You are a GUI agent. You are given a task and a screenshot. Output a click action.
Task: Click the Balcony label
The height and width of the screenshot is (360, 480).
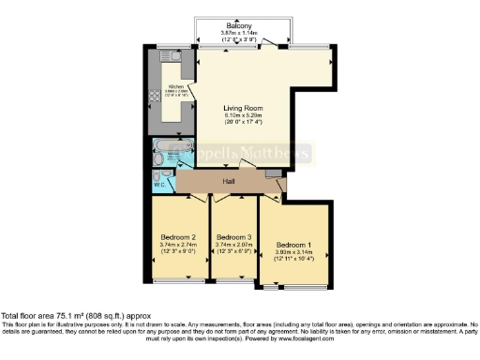click(239, 25)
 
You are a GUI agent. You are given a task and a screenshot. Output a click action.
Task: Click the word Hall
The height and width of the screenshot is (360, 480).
click(228, 181)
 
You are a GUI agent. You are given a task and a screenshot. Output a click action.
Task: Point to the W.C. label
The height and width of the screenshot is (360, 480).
click(158, 184)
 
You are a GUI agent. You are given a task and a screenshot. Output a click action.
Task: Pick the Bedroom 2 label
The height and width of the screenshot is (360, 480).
click(178, 237)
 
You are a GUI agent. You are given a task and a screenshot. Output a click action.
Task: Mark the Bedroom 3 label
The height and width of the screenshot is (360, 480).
click(234, 237)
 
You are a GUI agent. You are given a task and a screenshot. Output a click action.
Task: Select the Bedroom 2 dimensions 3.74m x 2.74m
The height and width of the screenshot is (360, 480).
click(178, 245)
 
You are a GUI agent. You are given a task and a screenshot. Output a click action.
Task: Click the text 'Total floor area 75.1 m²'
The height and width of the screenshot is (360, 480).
click(56, 316)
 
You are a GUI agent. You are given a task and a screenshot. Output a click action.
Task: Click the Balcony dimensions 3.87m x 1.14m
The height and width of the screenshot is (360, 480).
click(239, 33)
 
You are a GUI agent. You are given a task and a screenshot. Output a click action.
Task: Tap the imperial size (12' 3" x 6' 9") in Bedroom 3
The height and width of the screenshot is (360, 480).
click(234, 252)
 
